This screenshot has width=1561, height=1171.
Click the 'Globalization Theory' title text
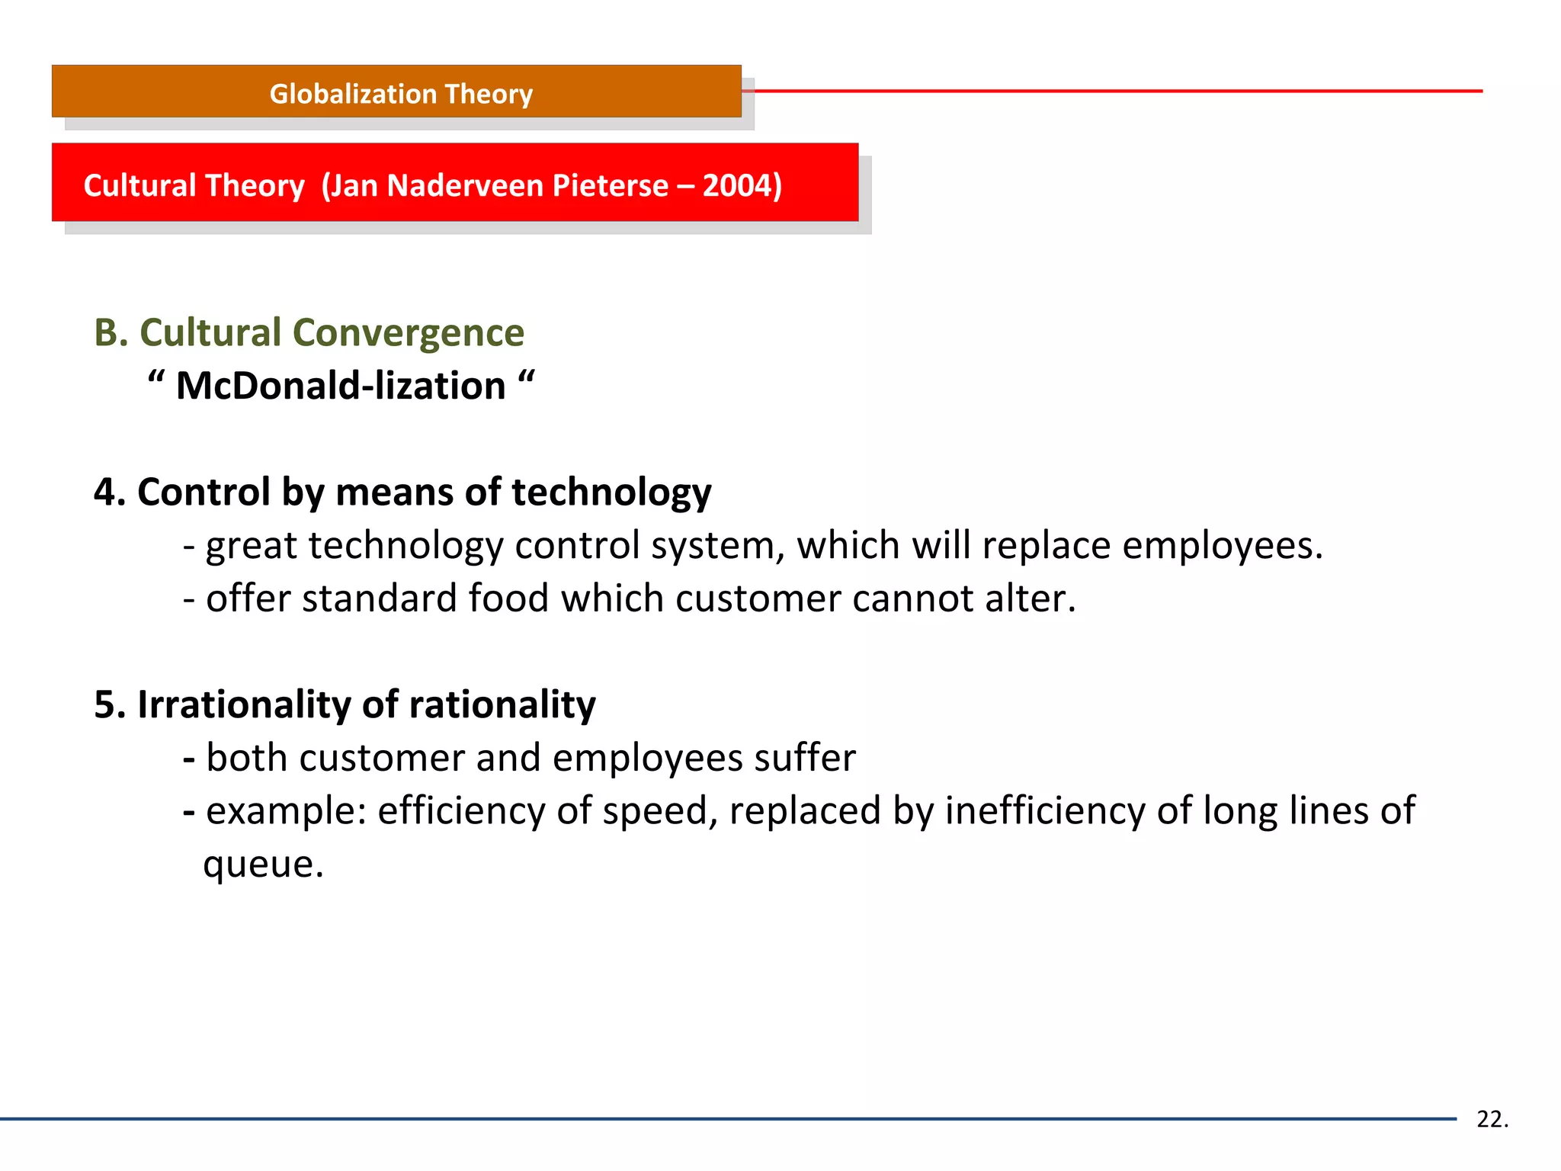(401, 94)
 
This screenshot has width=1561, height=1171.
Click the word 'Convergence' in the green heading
(409, 333)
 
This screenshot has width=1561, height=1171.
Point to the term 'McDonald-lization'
(341, 386)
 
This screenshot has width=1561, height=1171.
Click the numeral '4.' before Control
(109, 492)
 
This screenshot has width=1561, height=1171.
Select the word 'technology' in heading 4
(611, 492)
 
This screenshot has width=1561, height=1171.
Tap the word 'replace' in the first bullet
(1046, 546)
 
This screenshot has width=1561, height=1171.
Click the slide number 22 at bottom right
(1491, 1119)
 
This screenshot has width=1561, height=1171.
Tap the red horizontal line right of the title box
(1113, 91)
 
